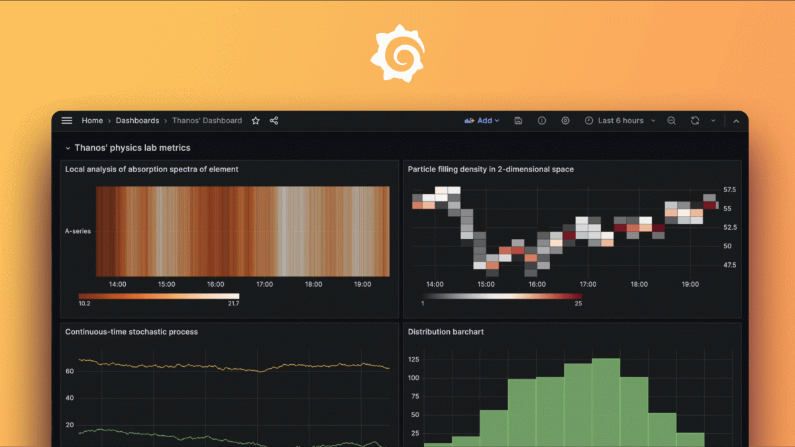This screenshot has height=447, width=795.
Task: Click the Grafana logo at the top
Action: pyautogui.click(x=397, y=54)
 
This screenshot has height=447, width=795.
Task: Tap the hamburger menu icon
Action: pyautogui.click(x=67, y=121)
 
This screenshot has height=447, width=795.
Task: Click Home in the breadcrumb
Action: pyautogui.click(x=92, y=121)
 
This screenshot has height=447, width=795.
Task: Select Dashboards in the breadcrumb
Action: pyautogui.click(x=137, y=121)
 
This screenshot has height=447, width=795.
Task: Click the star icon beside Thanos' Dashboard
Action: pyautogui.click(x=256, y=121)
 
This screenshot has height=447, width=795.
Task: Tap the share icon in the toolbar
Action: pyautogui.click(x=274, y=121)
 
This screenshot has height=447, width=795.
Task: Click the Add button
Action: pyautogui.click(x=482, y=121)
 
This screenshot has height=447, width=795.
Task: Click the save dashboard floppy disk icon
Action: pyautogui.click(x=518, y=121)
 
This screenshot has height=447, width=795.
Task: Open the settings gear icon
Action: pyautogui.click(x=565, y=121)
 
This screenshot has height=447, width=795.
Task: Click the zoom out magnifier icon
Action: pyautogui.click(x=671, y=121)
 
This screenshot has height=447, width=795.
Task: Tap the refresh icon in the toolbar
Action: pyautogui.click(x=694, y=121)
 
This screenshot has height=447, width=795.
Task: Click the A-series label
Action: pyautogui.click(x=78, y=231)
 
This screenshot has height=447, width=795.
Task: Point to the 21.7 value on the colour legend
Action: pyautogui.click(x=233, y=304)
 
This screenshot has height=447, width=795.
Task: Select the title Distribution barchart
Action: pyautogui.click(x=445, y=332)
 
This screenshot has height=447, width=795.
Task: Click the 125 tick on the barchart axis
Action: pyautogui.click(x=413, y=360)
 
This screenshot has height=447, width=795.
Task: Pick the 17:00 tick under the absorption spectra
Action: pyautogui.click(x=264, y=285)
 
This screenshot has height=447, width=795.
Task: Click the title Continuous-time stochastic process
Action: pyautogui.click(x=131, y=332)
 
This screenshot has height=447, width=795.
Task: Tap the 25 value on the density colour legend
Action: pyautogui.click(x=578, y=304)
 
